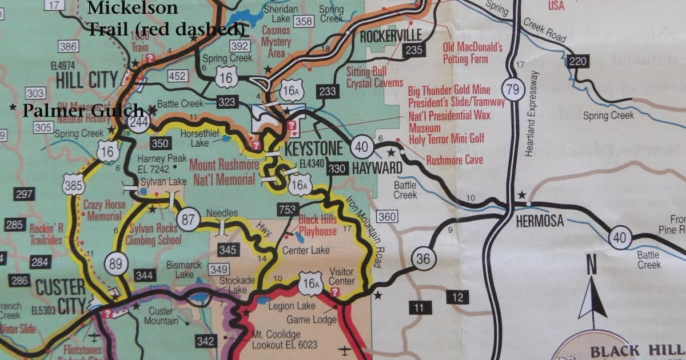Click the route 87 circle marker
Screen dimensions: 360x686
point(189,218)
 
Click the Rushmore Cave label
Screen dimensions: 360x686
point(454,160)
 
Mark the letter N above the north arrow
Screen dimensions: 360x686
point(592,266)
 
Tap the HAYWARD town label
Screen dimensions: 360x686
point(377,168)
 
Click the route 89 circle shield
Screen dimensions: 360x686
point(116,263)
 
